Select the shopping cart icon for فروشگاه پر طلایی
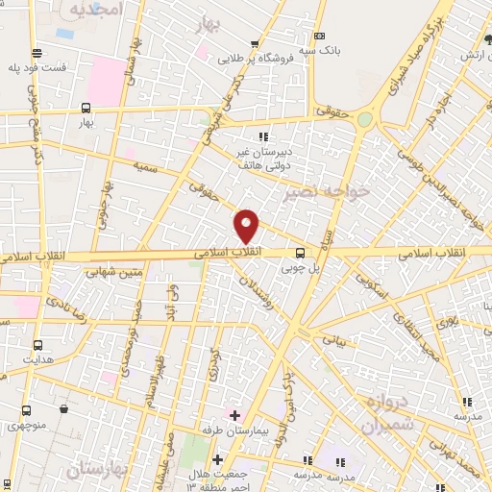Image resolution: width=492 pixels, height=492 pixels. point(255,43)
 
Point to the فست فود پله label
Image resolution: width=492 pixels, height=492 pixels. point(37,67)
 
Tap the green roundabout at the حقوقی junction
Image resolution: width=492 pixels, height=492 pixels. point(365,119)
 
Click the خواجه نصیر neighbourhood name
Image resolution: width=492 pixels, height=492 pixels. point(327,193)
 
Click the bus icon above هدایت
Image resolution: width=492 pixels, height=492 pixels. point(37,345)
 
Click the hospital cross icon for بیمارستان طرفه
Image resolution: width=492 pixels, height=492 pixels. point(234,414)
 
